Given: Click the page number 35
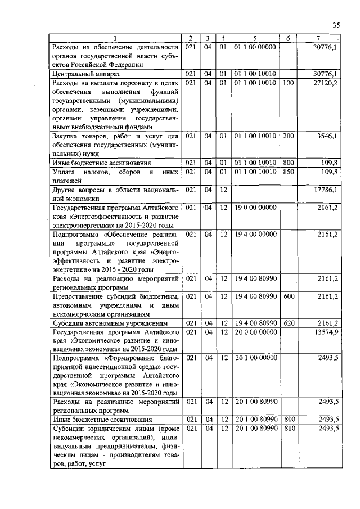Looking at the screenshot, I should point(336,25).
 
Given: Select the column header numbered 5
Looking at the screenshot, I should point(255,38).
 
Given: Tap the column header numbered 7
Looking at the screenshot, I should point(319,38).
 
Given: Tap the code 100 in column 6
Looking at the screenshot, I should point(289,83).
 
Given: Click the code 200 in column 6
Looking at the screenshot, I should point(289,136).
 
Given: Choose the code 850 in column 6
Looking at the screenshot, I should point(289,172).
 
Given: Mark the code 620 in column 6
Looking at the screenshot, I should point(289,323).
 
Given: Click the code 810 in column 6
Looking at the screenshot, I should point(289,428).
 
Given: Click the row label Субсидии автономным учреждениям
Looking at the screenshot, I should point(102,323).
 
